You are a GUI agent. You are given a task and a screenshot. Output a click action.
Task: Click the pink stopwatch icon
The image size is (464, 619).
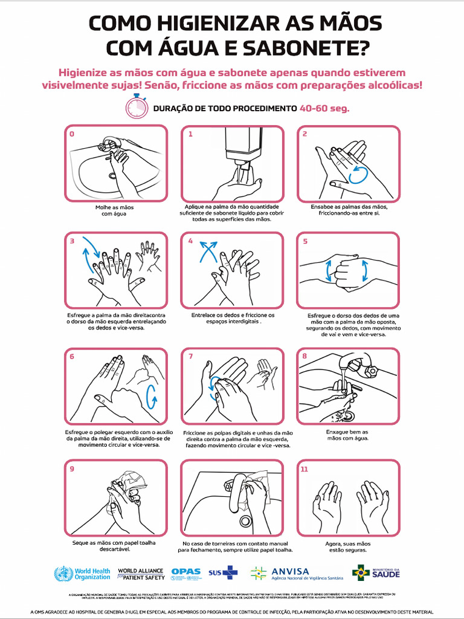137,107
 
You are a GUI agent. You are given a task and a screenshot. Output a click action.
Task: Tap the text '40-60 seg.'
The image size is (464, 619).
324,109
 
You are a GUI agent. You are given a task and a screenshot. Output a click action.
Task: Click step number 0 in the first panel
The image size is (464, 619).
72,134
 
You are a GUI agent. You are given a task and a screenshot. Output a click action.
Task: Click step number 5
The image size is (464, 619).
305,241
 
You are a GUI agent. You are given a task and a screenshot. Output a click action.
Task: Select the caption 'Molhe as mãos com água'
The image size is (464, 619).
114,210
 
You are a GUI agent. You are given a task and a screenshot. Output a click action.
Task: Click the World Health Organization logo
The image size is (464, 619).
82,573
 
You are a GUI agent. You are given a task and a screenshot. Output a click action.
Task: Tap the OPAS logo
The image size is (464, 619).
185,572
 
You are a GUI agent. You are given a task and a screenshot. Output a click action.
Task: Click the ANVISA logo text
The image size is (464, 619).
290,571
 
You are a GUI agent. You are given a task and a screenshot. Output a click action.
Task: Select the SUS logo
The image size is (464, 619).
223,572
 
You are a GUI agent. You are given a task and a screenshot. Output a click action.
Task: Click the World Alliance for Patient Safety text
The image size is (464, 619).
141,574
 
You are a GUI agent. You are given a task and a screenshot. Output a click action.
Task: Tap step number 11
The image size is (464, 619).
304,468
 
